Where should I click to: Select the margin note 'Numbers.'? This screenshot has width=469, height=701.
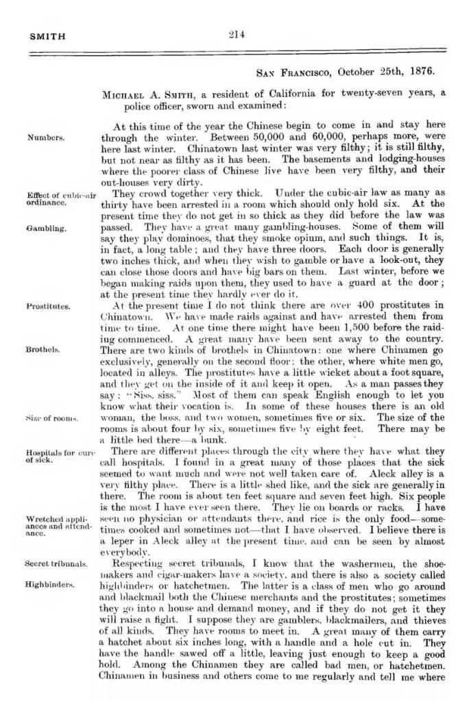(46, 137)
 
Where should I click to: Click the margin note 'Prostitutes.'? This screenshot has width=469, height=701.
(48, 307)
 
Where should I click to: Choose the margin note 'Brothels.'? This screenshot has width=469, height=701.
(43, 349)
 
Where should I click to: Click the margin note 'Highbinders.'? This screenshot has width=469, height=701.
(50, 585)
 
